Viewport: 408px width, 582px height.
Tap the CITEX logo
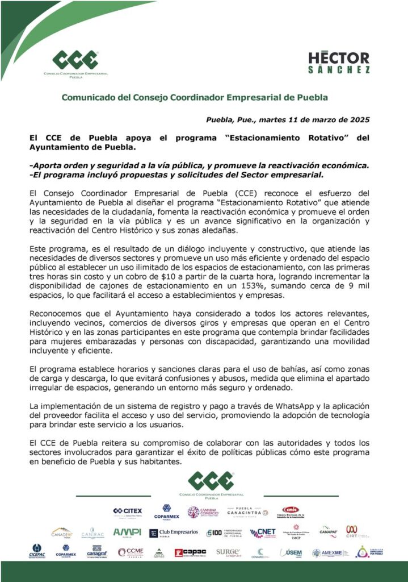tap(128, 512)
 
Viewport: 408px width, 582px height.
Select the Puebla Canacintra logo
tap(244, 512)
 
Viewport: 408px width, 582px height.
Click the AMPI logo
tap(127, 533)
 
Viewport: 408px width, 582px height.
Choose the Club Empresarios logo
tap(174, 533)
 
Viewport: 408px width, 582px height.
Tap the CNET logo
tap(262, 533)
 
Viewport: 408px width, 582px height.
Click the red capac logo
tap(190, 552)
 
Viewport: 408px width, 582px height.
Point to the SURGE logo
tap(228, 552)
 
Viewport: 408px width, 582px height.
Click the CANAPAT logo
tap(328, 531)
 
